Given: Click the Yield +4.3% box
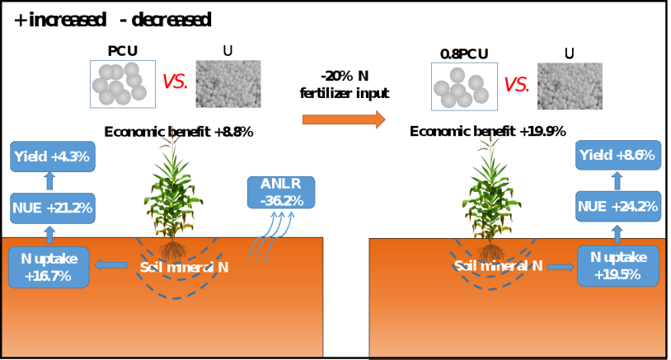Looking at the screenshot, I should [51, 156].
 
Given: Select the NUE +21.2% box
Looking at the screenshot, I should [51, 208].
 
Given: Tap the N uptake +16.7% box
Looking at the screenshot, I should [49, 267].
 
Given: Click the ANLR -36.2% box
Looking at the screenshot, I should [280, 192].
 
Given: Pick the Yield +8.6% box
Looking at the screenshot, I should [617, 155].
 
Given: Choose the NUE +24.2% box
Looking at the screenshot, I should [617, 207].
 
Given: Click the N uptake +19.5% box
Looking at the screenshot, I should [617, 266].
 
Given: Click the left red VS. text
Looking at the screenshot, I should [175, 82].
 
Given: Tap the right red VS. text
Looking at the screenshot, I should [516, 85].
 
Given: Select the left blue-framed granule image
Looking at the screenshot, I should [123, 84].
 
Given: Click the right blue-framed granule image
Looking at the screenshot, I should [464, 86].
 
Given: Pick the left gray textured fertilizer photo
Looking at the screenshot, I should [228, 84].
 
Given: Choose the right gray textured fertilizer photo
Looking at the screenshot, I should [570, 86].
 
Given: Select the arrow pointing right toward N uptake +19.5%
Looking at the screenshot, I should [560, 266].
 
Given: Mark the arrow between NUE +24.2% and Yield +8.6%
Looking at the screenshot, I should [617, 180].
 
